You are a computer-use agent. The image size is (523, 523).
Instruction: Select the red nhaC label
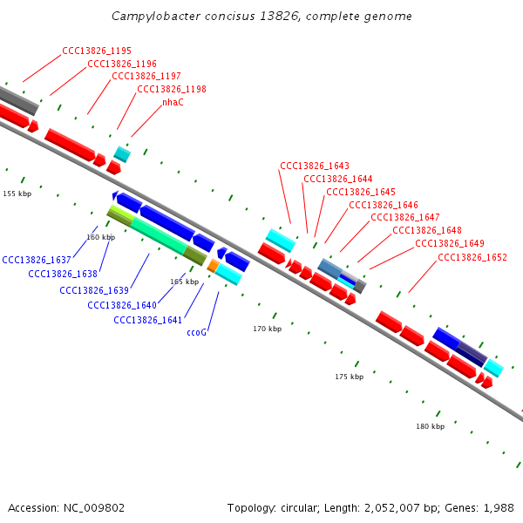tap(173, 102)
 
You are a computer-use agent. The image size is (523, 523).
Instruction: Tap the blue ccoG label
tap(196, 332)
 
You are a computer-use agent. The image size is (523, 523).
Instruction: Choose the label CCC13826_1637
tap(37, 260)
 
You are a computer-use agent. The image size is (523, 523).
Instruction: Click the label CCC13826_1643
tap(315, 166)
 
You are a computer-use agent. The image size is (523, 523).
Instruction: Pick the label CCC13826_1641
tap(148, 320)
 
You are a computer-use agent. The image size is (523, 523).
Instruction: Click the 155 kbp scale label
tap(17, 194)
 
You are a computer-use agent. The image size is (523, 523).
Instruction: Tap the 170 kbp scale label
tap(268, 329)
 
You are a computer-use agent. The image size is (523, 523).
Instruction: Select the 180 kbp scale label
tap(430, 426)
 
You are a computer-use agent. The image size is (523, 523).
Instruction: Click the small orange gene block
tap(213, 265)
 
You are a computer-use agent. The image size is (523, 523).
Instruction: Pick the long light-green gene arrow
tap(158, 235)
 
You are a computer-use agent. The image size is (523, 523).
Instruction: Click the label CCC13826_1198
tap(172, 89)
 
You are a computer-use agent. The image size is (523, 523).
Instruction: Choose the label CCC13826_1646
tap(384, 205)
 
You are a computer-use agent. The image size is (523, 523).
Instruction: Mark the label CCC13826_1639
tap(94, 290)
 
